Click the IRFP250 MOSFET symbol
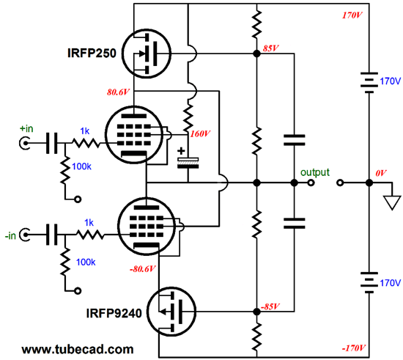147,54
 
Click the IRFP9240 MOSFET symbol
171,312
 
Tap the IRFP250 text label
92,53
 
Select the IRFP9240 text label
114,313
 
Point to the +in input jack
25,143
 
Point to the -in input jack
25,235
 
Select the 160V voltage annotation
200,133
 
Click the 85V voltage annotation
271,48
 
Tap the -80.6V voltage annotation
143,269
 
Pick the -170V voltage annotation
353,348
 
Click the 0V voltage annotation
380,173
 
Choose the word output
315,172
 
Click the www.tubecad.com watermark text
78,350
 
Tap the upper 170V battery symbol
369,83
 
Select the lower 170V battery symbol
369,282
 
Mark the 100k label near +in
82,166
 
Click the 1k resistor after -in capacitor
89,235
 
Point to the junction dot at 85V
256,54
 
